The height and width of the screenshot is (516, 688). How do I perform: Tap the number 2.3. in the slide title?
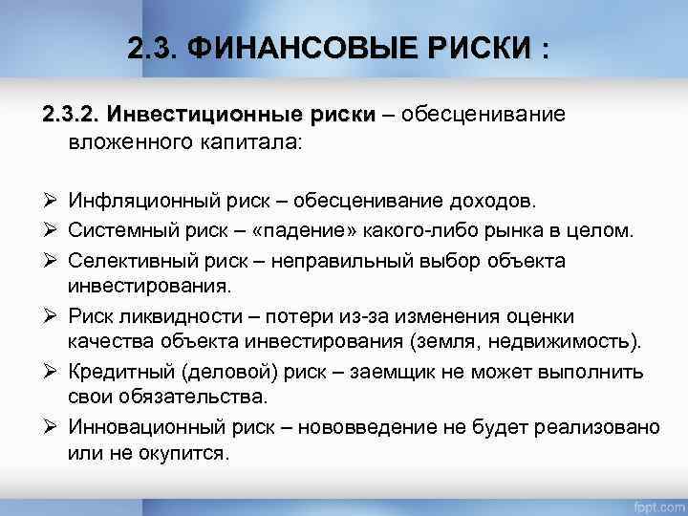point(151,48)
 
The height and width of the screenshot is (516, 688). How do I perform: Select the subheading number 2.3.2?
point(71,115)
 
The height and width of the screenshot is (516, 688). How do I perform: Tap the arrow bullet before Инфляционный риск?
point(48,202)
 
